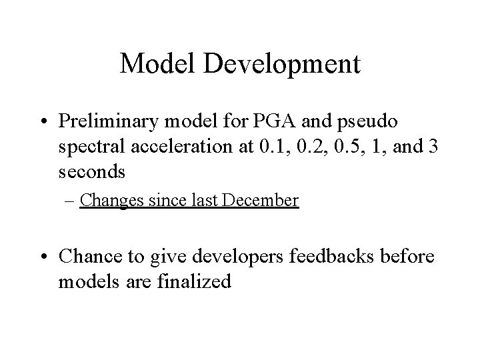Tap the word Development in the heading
click(x=283, y=65)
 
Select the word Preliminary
click(x=117, y=122)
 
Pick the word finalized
click(x=195, y=281)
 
